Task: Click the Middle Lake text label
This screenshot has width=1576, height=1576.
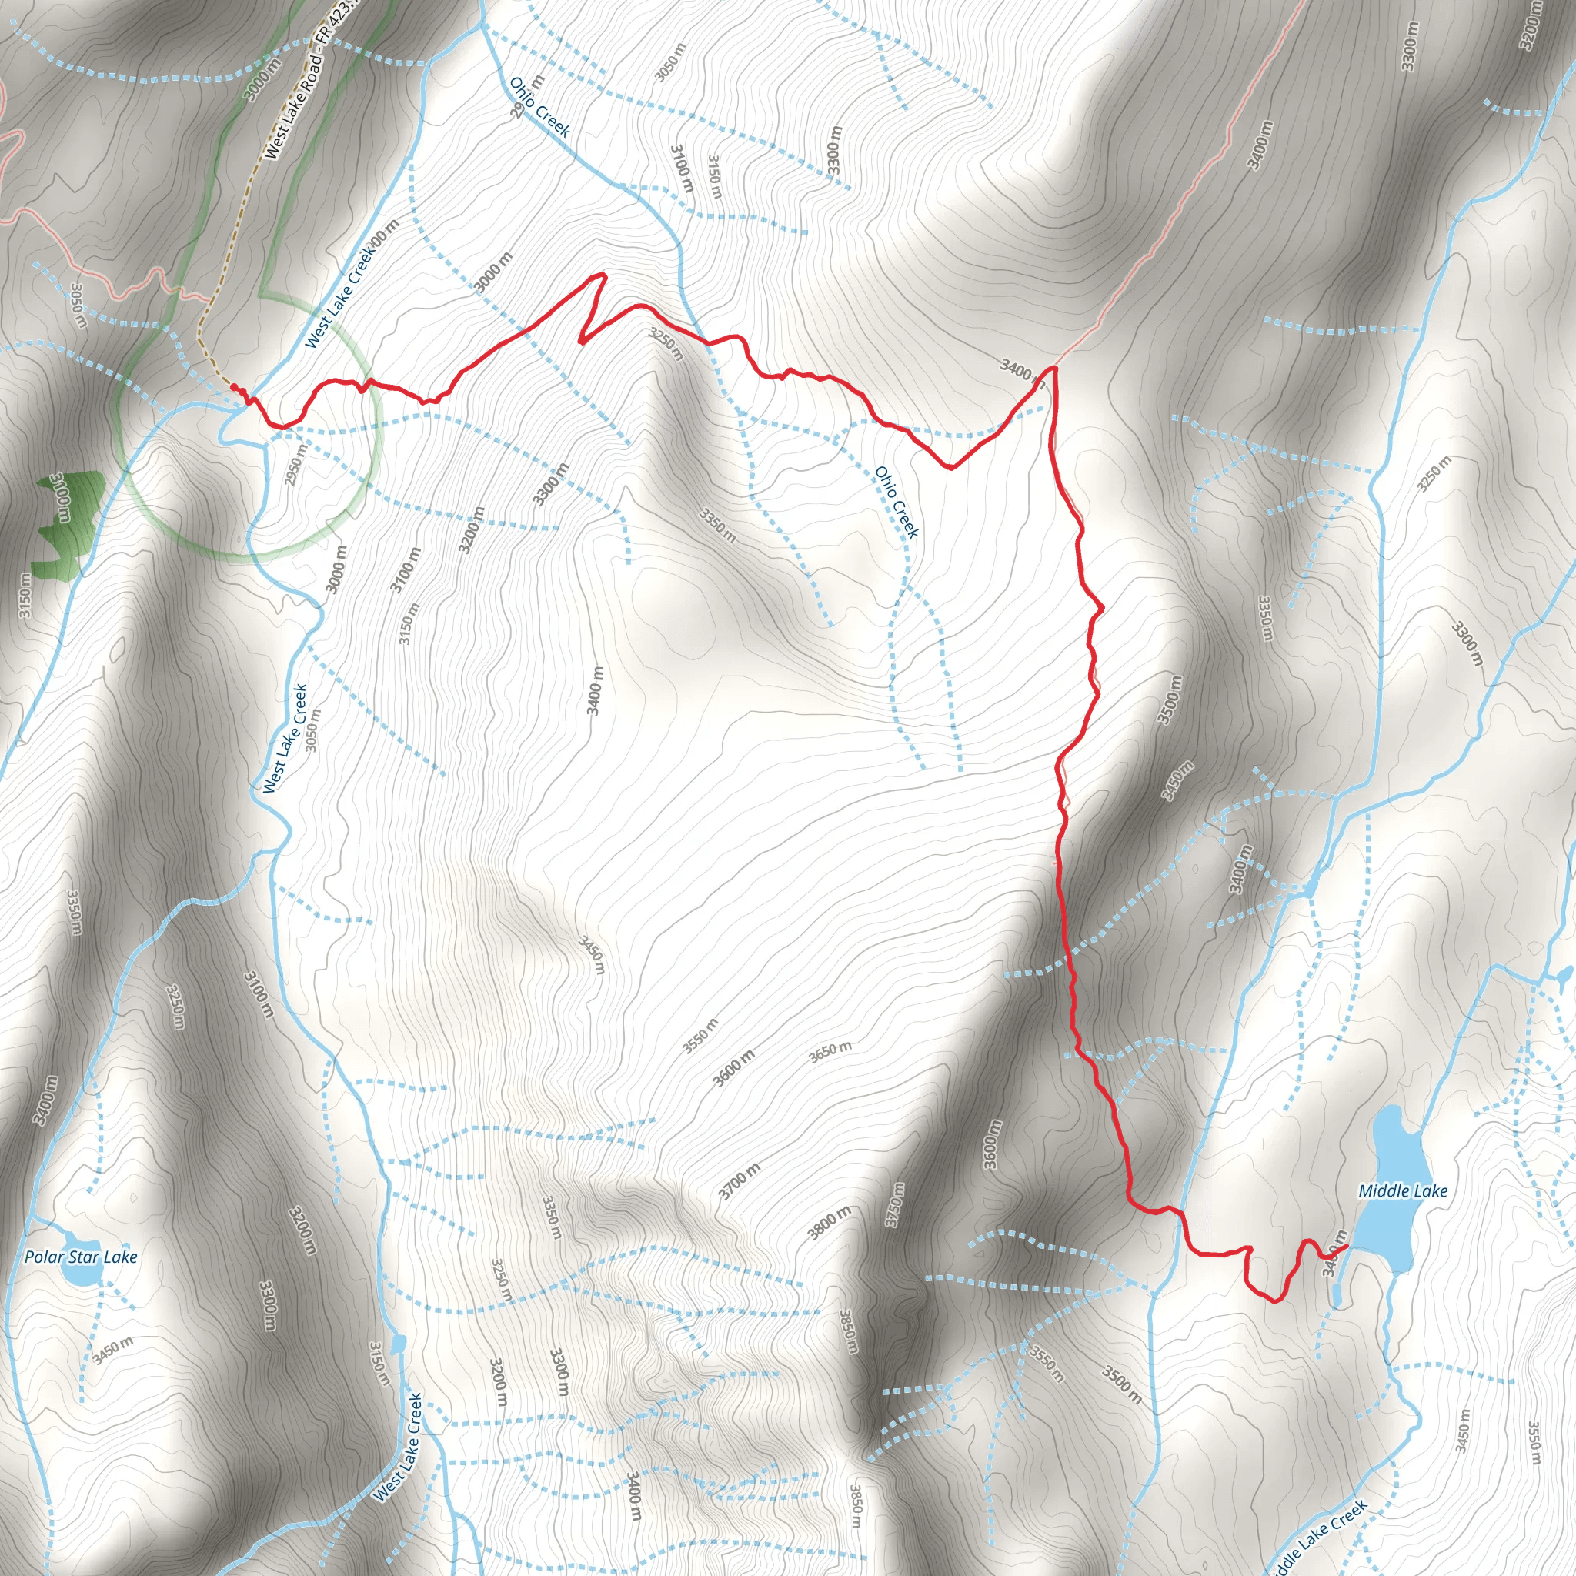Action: [1402, 1191]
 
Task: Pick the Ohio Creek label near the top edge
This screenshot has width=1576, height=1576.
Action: [539, 106]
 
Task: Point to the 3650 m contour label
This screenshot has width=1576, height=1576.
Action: [830, 1052]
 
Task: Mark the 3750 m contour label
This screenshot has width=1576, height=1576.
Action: [896, 1206]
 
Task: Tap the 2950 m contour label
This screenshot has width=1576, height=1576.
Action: [297, 464]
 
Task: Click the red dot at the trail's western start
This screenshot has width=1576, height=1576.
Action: [233, 386]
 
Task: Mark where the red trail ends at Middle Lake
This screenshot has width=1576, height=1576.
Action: [1344, 1246]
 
